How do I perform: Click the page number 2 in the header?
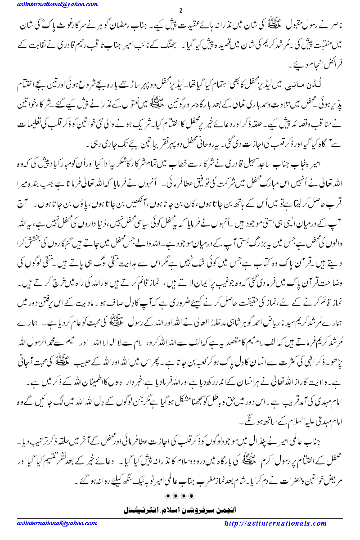click(180, 10)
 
